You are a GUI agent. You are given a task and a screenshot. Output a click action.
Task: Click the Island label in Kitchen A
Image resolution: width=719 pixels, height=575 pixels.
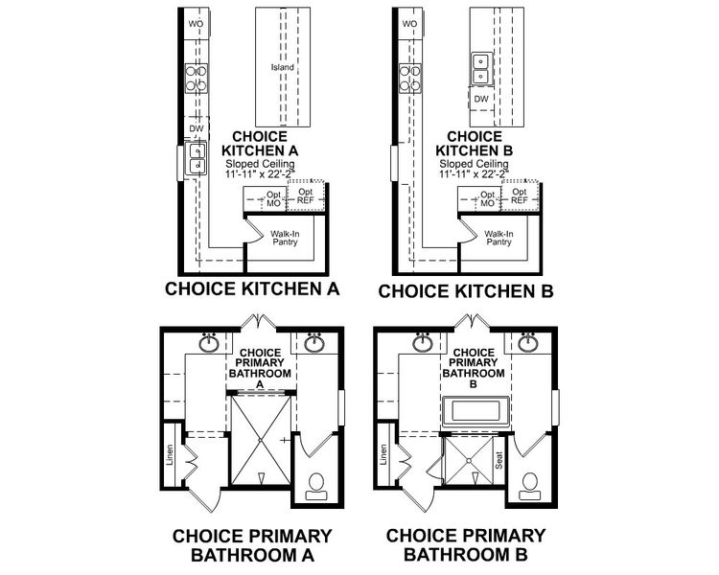(283, 69)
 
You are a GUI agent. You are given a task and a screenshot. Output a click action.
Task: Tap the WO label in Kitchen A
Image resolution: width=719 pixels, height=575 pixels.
(197, 23)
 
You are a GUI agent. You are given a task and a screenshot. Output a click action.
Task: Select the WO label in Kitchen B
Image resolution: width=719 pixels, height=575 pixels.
(409, 23)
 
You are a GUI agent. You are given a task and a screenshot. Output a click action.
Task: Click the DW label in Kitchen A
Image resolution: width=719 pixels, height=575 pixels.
(196, 128)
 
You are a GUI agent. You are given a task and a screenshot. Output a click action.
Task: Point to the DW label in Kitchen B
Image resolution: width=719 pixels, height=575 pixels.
(481, 99)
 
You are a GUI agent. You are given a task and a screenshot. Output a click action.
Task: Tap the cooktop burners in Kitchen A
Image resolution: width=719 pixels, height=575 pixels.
(197, 78)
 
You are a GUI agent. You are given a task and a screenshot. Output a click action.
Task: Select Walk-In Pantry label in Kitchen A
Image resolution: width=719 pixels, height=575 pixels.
(285, 238)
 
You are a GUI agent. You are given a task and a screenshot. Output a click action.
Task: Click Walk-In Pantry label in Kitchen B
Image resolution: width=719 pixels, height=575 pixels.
(498, 238)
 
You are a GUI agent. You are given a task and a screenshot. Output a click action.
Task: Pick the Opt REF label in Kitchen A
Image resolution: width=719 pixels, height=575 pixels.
(305, 197)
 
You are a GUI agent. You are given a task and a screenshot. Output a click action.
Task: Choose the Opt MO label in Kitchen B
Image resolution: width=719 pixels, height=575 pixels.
(487, 199)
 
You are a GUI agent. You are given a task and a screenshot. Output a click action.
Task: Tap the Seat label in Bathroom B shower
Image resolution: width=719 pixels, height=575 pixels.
(499, 461)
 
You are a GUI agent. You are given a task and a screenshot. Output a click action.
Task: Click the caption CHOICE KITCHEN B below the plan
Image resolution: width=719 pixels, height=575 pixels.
(466, 289)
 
